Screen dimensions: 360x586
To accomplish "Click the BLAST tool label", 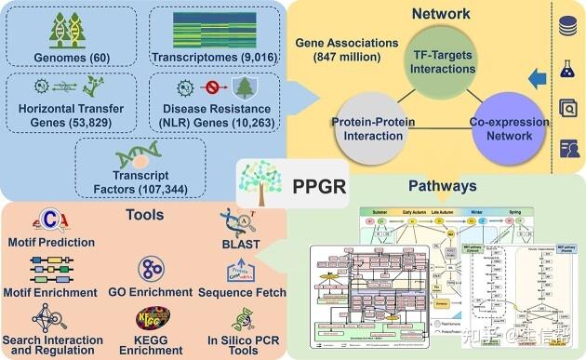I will click(244, 246).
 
